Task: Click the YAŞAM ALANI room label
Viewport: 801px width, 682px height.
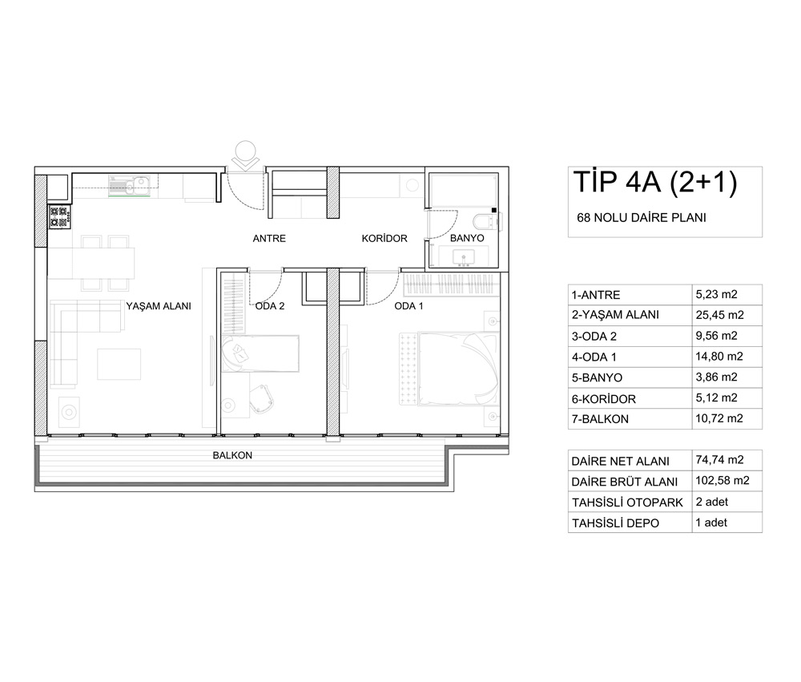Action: pos(159,306)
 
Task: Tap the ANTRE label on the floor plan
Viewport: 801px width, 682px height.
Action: pos(269,238)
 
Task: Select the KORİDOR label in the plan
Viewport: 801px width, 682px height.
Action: pos(384,238)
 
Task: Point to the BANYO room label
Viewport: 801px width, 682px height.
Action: pos(467,238)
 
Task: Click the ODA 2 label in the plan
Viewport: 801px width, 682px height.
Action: pos(270,306)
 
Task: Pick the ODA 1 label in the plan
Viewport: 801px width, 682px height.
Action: pos(409,306)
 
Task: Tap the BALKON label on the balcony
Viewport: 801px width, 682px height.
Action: pos(232,455)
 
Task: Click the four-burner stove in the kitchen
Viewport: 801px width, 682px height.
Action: pos(59,216)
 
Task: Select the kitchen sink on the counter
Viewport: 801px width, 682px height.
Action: pos(129,185)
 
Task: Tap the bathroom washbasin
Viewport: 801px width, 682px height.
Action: pos(465,257)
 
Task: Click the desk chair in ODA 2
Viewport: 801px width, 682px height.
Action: pos(262,398)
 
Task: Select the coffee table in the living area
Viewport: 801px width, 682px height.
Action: pos(119,364)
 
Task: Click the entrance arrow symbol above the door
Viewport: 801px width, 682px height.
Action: pos(244,158)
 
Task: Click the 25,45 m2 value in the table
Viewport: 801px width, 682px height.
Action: pos(720,315)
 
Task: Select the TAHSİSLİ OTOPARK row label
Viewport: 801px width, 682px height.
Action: pos(627,502)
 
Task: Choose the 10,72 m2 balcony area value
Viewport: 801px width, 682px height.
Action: pos(719,418)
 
